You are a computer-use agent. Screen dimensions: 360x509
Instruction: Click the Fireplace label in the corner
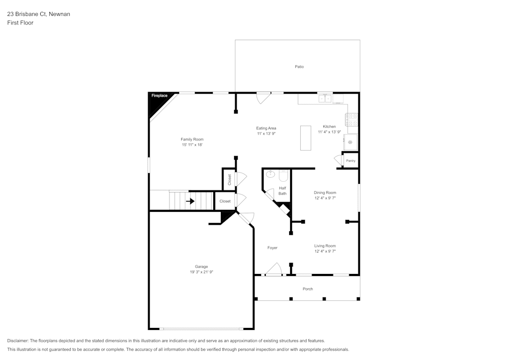coord(159,96)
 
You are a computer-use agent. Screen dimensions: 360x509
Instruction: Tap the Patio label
coord(299,67)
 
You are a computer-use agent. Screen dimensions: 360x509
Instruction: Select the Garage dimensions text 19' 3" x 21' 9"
coord(201,272)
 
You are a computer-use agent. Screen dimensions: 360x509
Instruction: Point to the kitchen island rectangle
coord(305,138)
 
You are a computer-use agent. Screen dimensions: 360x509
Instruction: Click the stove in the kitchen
coord(352,120)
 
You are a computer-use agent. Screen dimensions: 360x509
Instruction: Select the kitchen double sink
coord(325,98)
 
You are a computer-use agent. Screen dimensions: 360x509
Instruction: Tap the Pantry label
coord(351,161)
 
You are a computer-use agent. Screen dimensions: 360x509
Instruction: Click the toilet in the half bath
coord(284,176)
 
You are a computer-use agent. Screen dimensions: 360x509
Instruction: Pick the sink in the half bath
coord(271,175)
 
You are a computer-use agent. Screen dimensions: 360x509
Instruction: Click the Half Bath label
coord(282,191)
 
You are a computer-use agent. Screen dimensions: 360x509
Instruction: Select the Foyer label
coord(272,248)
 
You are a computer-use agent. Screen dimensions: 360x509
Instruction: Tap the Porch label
coord(307,289)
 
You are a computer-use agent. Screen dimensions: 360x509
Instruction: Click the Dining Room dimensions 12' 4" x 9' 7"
coord(325,198)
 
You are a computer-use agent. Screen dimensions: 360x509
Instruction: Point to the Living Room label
coord(325,246)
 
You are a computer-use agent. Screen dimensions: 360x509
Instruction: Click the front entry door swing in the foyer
coord(274,269)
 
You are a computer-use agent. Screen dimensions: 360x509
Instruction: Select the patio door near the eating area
coord(263,97)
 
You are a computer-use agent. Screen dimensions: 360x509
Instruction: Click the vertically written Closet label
coord(230,179)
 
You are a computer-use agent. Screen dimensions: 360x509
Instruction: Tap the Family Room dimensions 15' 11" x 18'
coord(192,145)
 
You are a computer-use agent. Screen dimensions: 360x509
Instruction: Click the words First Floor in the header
coord(20,23)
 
